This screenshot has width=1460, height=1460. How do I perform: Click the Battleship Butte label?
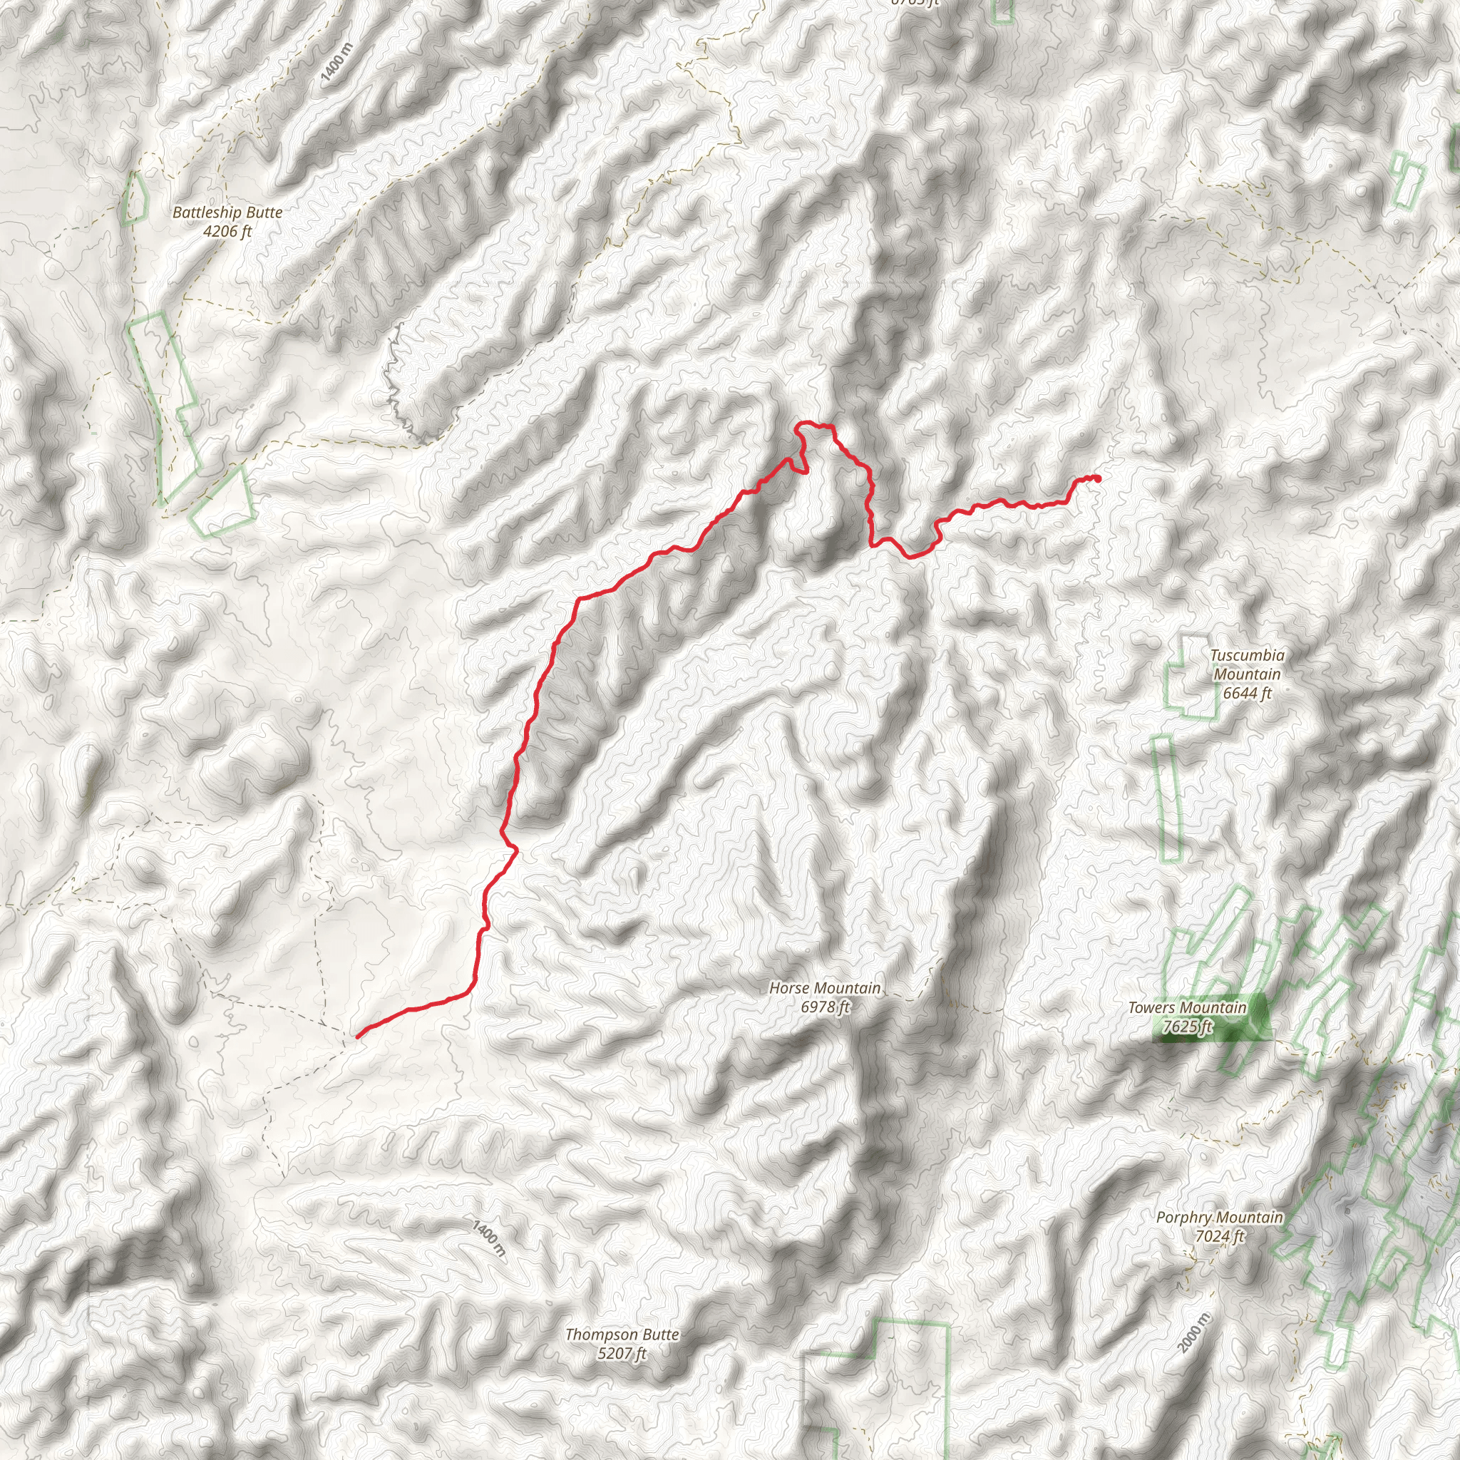tap(227, 212)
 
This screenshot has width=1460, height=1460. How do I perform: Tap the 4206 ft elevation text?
tap(227, 231)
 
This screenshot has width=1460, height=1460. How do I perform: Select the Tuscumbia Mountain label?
tap(1246, 664)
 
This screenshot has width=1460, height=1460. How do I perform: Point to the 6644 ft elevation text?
tap(1247, 692)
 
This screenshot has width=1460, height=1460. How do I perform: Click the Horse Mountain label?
tap(825, 987)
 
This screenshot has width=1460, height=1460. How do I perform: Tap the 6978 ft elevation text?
tap(826, 1007)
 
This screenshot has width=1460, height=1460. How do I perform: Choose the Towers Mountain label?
tap(1186, 1007)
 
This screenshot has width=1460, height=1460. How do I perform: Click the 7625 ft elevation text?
tap(1187, 1027)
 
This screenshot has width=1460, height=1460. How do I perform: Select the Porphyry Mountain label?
tap(1219, 1218)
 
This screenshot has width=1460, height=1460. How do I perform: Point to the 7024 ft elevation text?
tap(1219, 1236)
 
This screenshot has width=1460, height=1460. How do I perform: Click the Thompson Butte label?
tap(622, 1335)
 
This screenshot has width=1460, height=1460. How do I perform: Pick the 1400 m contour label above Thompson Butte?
tap(488, 1237)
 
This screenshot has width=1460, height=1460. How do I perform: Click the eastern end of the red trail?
tap(1097, 478)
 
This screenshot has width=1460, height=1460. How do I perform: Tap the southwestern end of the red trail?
tap(357, 1036)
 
